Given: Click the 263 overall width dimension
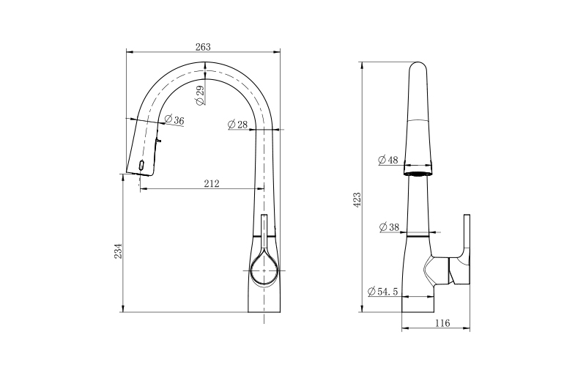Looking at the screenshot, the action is (x=203, y=47).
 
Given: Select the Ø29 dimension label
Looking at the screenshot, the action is (x=200, y=95).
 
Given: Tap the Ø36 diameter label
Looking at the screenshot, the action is (x=174, y=120).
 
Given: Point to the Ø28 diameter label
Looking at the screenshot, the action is (x=237, y=124).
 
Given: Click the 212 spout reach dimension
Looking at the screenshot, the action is (x=212, y=184).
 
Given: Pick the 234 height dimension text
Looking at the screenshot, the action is (x=118, y=251).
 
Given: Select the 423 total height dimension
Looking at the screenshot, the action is (x=357, y=200).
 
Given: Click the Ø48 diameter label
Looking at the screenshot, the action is (x=388, y=160).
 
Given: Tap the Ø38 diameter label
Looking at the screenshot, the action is (x=389, y=227).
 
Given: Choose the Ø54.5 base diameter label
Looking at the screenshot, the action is (x=382, y=292).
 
